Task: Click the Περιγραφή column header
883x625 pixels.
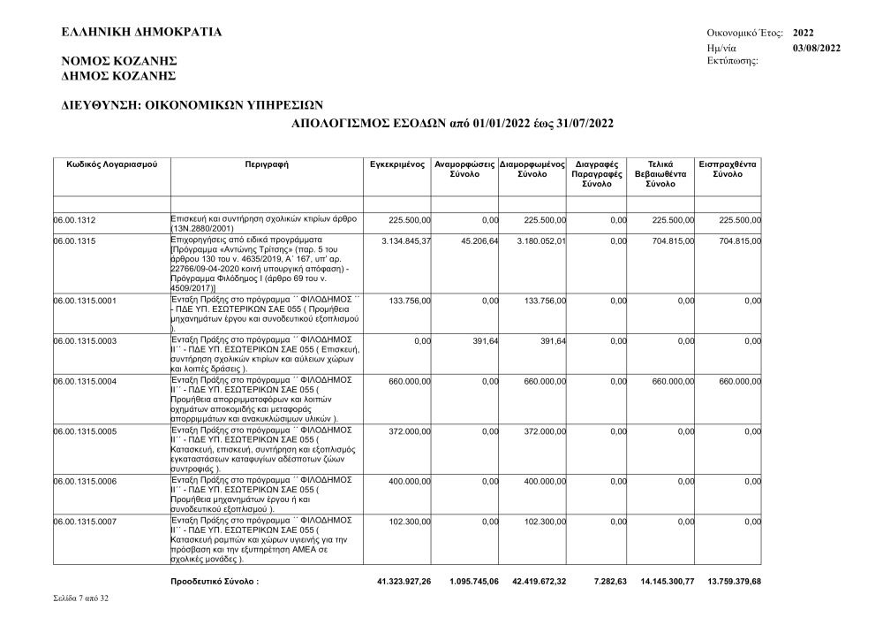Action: click(267, 164)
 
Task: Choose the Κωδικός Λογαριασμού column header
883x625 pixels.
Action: click(111, 164)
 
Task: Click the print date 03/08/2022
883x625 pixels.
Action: click(817, 47)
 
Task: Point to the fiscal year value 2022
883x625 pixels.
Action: click(804, 33)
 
